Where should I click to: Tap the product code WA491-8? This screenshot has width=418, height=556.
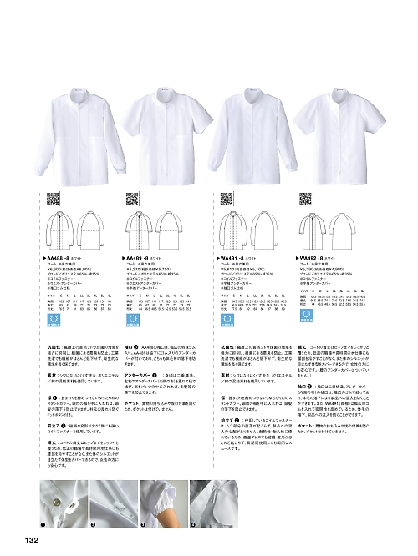click(237, 260)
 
